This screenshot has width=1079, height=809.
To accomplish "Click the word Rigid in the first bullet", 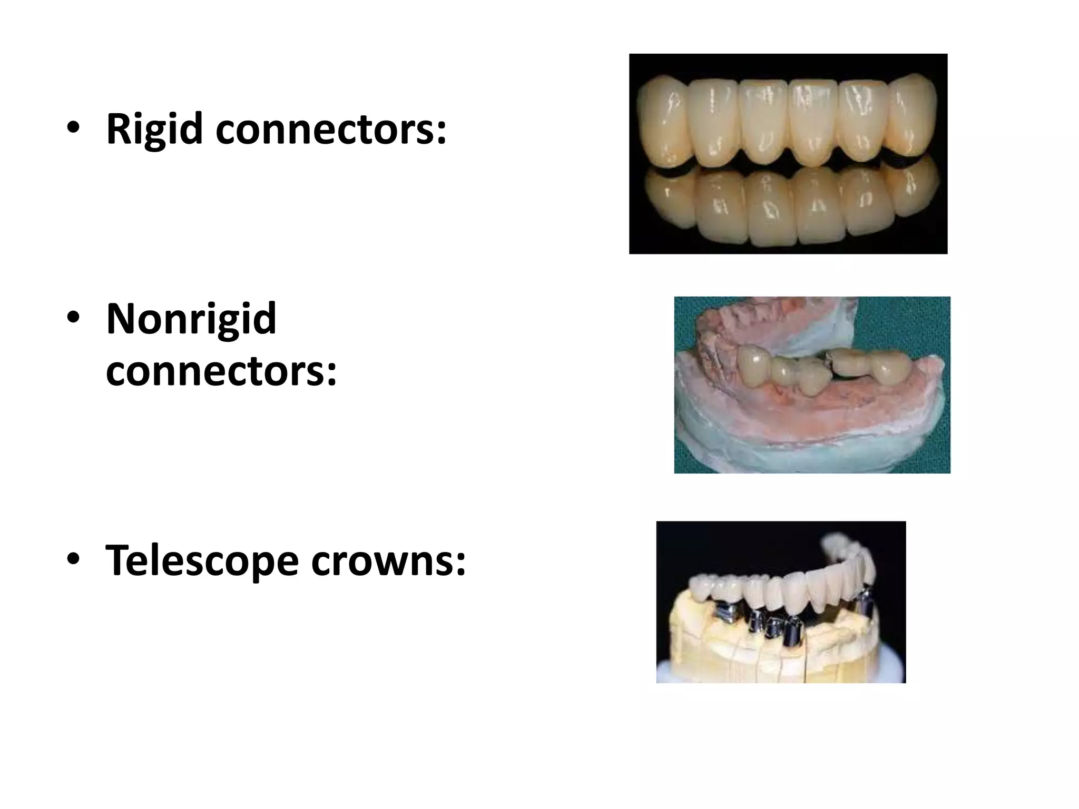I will point(154,129).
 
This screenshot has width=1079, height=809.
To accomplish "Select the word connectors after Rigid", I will point(324,129).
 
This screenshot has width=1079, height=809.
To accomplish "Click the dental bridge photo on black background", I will point(788,154).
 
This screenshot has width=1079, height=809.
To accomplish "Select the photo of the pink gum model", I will point(812,384).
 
